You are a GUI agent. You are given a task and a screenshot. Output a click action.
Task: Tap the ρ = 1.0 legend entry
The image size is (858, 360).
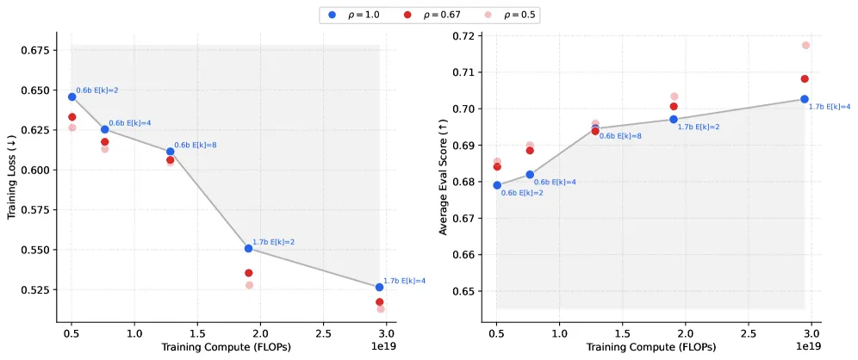(x=355, y=15)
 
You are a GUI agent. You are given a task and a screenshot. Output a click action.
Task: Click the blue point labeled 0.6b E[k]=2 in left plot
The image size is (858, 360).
(x=71, y=96)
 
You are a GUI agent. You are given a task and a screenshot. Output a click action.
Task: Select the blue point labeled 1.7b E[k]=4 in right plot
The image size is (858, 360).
(x=805, y=99)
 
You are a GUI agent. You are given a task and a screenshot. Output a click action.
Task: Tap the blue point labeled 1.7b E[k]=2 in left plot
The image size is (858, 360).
(x=248, y=248)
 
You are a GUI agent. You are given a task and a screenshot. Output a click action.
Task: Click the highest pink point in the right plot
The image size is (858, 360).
(x=805, y=46)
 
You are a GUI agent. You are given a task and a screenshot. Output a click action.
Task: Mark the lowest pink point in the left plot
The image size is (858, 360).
(x=380, y=309)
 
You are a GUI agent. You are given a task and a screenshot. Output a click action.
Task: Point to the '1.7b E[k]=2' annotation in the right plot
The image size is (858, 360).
(x=699, y=127)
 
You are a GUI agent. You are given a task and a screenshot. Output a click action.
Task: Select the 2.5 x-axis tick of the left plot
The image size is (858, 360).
(x=323, y=334)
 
